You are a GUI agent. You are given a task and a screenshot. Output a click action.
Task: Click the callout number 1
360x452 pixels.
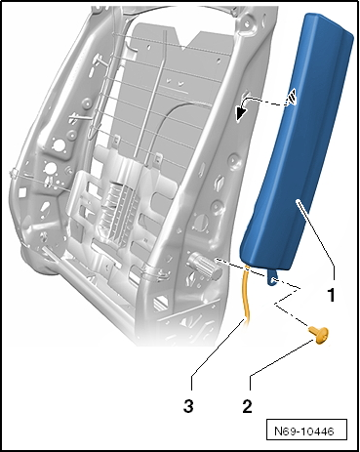331,295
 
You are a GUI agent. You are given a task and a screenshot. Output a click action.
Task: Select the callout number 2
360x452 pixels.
247,407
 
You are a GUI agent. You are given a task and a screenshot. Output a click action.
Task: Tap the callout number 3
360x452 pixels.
188,407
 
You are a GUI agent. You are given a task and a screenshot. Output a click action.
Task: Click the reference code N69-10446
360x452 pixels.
304,431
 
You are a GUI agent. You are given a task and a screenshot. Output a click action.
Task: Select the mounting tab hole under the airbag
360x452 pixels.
273,279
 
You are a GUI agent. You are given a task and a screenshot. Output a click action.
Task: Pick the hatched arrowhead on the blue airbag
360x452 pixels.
291,97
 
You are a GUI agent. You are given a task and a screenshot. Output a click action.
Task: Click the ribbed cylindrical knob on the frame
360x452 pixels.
204,267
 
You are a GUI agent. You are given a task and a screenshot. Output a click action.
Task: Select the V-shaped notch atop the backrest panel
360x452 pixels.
184,41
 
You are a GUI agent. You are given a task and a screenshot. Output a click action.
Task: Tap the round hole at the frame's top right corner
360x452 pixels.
248,23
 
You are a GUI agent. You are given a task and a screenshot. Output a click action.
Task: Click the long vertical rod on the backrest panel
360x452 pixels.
155,98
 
